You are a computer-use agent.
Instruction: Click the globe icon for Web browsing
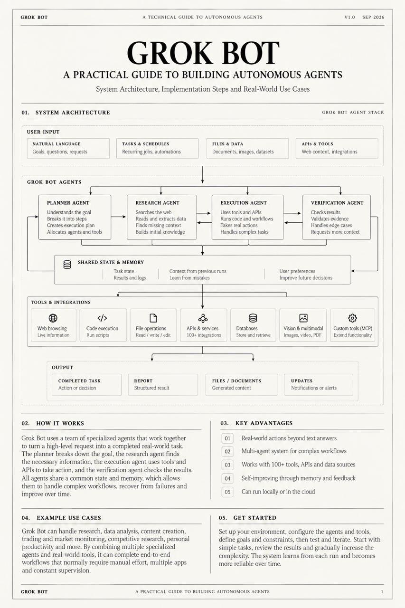(53, 318)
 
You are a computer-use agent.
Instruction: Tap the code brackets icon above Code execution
(102, 318)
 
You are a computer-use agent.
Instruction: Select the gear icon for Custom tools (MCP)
(352, 318)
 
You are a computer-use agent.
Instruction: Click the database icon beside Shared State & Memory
(67, 265)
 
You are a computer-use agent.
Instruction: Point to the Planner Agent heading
(68, 203)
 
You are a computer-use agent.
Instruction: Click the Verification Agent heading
(337, 203)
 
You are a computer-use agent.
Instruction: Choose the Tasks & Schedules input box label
(146, 144)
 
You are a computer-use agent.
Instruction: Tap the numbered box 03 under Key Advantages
(227, 465)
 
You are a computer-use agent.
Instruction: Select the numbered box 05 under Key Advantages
(227, 492)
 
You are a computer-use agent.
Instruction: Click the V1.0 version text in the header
(349, 17)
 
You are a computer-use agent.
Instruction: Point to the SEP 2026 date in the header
(373, 17)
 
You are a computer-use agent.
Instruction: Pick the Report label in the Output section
(143, 381)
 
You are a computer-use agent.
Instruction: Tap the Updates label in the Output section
(301, 381)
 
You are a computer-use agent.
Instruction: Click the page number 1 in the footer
(382, 591)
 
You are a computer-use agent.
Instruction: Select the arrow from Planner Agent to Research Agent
(119, 217)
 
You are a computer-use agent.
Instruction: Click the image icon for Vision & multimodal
(303, 318)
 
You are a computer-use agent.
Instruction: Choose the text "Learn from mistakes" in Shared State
(189, 278)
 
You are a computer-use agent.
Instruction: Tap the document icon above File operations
(153, 318)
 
